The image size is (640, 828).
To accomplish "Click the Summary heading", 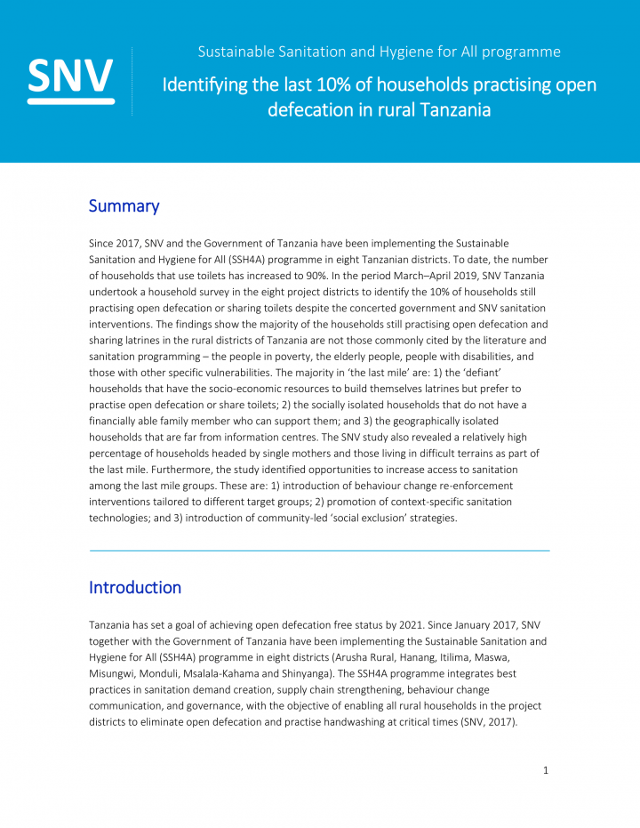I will tap(124, 206).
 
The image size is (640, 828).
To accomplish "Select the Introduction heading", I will tap(135, 588).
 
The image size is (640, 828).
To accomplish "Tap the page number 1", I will tap(546, 770).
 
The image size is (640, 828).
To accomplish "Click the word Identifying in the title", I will tap(202, 85).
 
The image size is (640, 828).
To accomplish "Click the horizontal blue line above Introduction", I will tap(320, 551).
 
